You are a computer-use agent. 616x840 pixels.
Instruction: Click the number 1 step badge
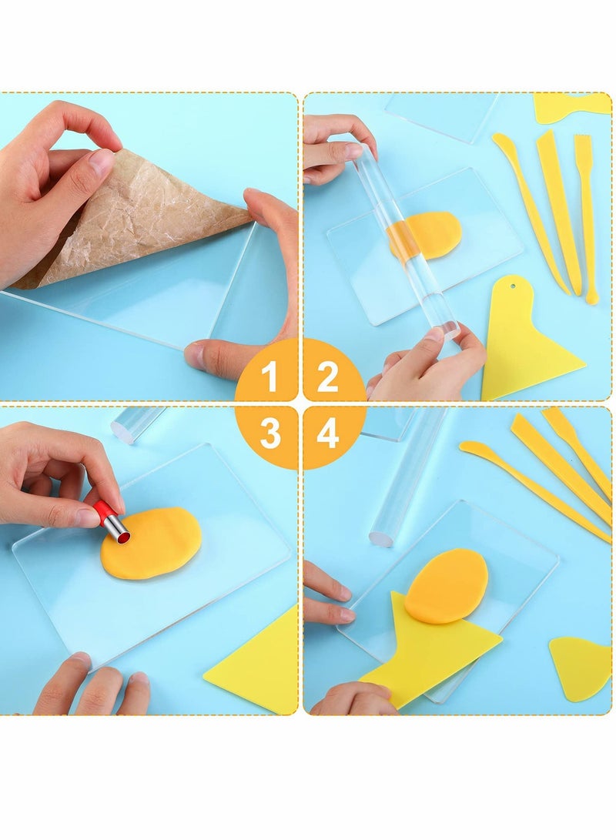pos(269,377)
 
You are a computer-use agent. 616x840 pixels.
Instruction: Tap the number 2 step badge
pos(328,377)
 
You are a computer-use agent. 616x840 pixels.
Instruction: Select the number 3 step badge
pos(269,434)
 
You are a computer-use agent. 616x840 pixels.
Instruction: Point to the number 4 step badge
pos(328,434)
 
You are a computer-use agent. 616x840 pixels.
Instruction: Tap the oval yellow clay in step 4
pos(447,585)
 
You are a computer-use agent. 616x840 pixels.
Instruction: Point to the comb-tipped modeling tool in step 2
pos(587,216)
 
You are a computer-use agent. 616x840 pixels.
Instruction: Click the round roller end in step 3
pos(126,430)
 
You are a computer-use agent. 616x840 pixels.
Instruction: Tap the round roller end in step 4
pos(380,537)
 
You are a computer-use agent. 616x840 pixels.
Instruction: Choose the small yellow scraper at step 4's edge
pos(581,667)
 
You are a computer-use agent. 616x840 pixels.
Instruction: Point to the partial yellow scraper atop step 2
pos(570,105)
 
